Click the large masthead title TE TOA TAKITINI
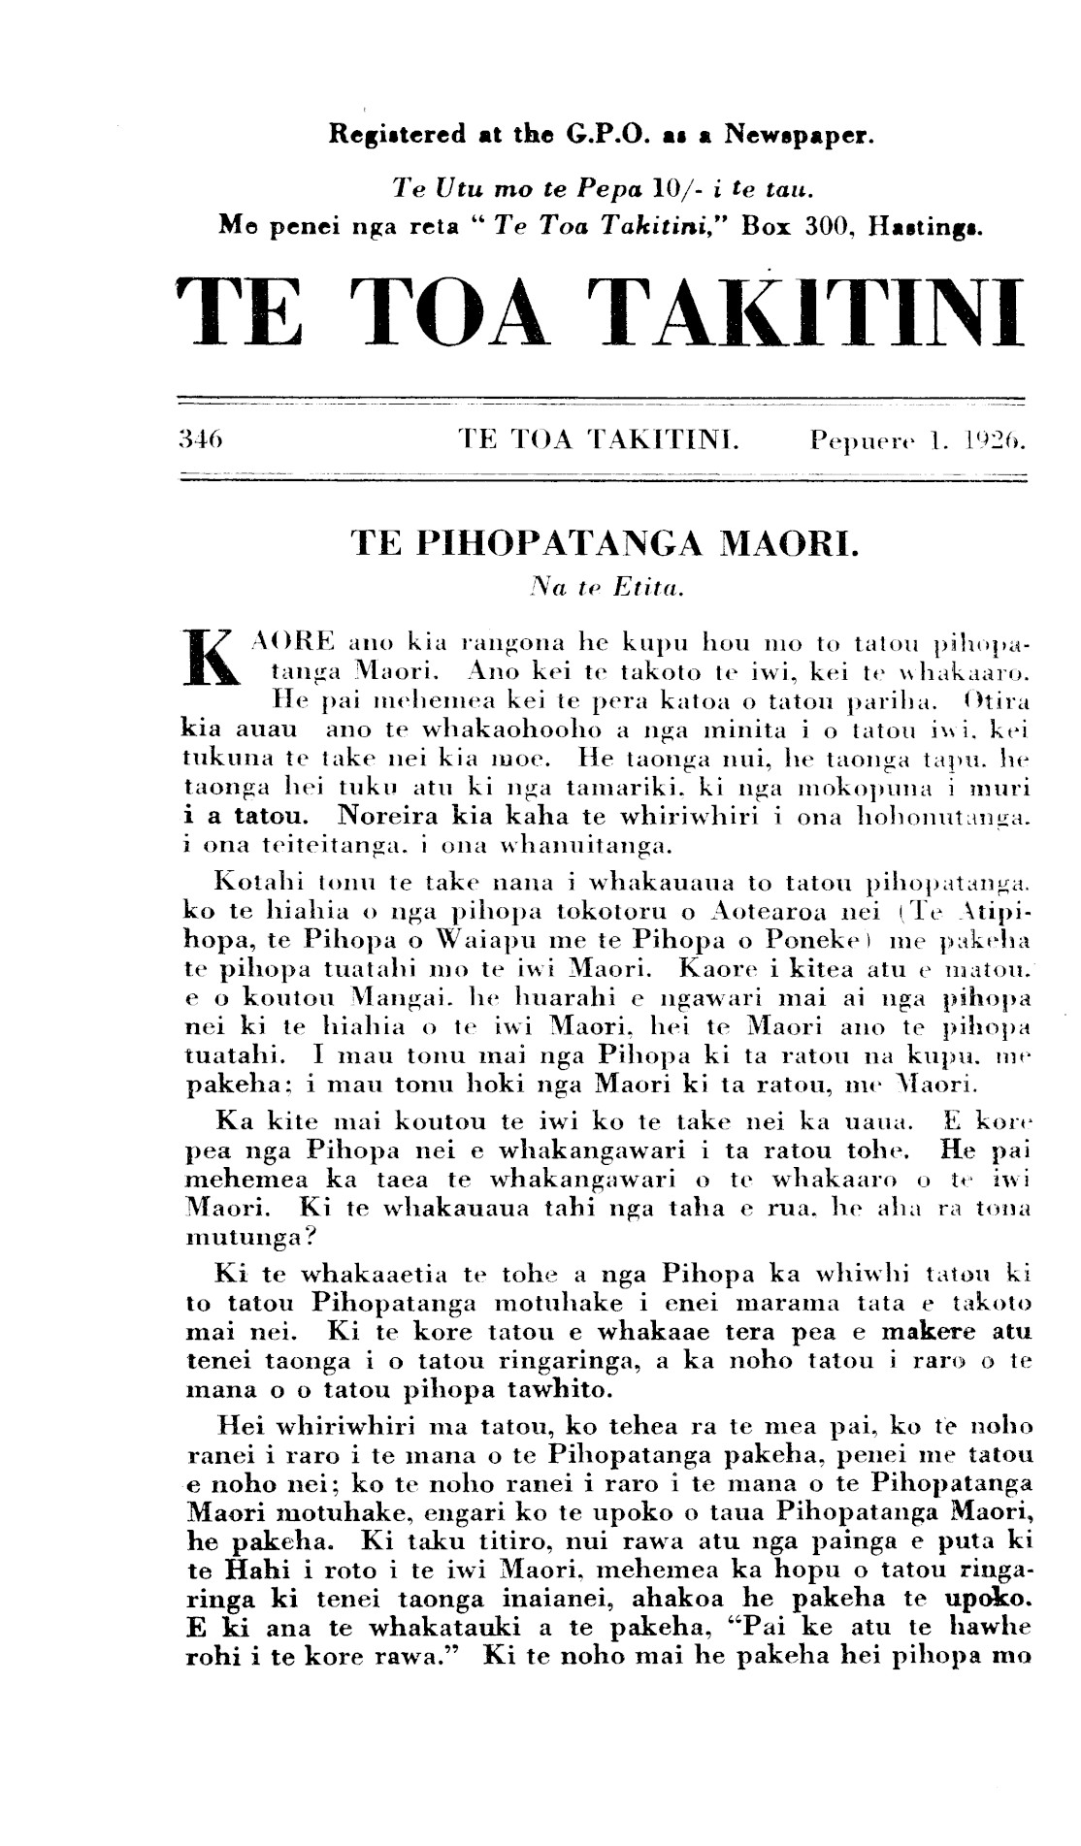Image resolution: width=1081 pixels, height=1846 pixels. coord(600,312)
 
